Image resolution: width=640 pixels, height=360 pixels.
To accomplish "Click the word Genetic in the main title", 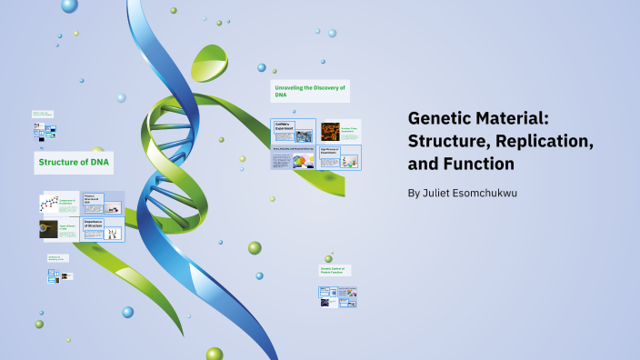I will pyautogui.click(x=439, y=119).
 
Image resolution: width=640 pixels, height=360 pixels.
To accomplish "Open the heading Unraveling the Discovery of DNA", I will pyautogui.click(x=309, y=90).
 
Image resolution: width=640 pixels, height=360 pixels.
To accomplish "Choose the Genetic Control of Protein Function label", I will pyautogui.click(x=335, y=270).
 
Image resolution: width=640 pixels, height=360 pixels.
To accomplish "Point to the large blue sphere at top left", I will pyautogui.click(x=69, y=6).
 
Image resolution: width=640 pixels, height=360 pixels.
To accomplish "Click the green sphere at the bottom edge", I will pyautogui.click(x=214, y=354).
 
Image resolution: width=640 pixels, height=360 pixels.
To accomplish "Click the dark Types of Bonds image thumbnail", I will pyautogui.click(x=48, y=228).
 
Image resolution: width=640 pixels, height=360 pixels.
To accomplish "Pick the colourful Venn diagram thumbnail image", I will pyautogui.click(x=303, y=161).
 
